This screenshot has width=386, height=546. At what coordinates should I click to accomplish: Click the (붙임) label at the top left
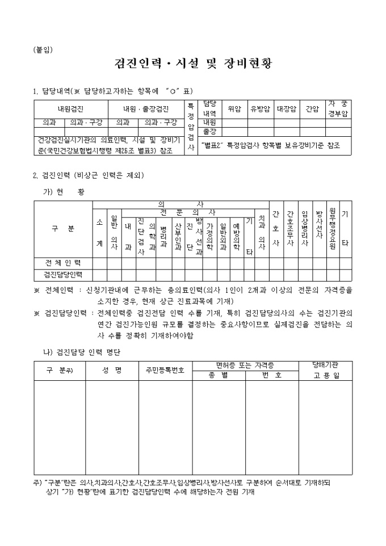43,49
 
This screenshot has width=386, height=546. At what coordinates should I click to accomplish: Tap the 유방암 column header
261,109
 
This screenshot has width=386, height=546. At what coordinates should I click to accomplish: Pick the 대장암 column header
287,109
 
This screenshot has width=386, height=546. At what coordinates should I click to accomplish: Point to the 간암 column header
313,109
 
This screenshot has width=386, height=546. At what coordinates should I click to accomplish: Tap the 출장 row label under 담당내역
209,131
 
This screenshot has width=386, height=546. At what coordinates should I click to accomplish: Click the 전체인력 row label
63,263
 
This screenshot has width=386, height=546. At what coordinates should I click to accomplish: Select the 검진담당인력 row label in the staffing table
63,275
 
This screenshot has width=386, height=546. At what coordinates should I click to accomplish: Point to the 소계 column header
100,232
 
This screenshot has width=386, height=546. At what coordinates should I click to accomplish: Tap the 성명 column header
112,370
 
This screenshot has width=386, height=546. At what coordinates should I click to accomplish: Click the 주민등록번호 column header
165,370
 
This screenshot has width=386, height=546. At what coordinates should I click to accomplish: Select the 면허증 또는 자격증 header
245,364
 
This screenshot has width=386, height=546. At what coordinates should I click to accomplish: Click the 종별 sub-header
218,375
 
